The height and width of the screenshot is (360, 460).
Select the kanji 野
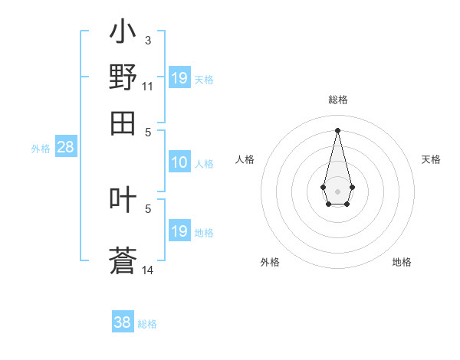[x=123, y=77]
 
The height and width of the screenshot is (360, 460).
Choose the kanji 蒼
[x=123, y=261]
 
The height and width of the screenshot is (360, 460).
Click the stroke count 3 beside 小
[x=148, y=40]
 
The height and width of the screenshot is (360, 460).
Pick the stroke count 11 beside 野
[x=148, y=86]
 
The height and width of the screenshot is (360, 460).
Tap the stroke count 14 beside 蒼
[x=148, y=270]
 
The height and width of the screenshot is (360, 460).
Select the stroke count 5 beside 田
[x=148, y=131]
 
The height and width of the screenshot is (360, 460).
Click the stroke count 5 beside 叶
[x=148, y=208]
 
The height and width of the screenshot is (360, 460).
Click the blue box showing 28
[x=65, y=148]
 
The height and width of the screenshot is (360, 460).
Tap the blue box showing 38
[x=123, y=322]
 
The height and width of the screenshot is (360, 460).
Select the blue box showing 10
[x=179, y=162]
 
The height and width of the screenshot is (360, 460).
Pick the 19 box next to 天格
[x=179, y=78]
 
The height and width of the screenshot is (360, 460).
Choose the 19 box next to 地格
[x=179, y=231]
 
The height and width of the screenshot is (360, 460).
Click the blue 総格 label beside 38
[x=147, y=324]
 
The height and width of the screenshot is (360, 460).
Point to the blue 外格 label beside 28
[x=40, y=149]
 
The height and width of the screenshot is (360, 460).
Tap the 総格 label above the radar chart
[x=338, y=100]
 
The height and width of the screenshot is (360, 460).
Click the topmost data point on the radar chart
[x=337, y=129]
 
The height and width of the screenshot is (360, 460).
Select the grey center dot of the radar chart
[x=337, y=190]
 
